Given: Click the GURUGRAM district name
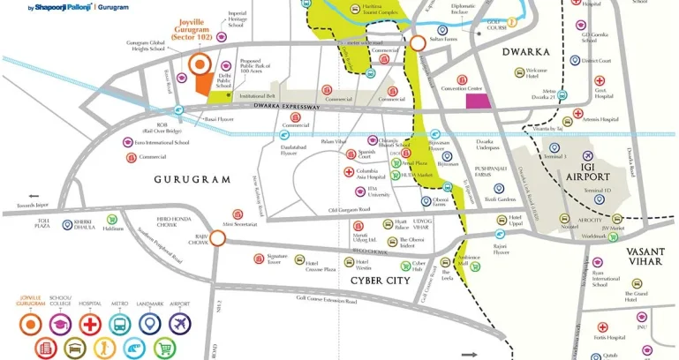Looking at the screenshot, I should (x=192, y=178).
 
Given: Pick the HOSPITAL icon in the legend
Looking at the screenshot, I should (x=89, y=324).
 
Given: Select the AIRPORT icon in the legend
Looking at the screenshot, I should (x=179, y=324).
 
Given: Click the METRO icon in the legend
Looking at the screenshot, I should (x=119, y=324).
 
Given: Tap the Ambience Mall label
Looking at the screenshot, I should (x=468, y=262).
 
